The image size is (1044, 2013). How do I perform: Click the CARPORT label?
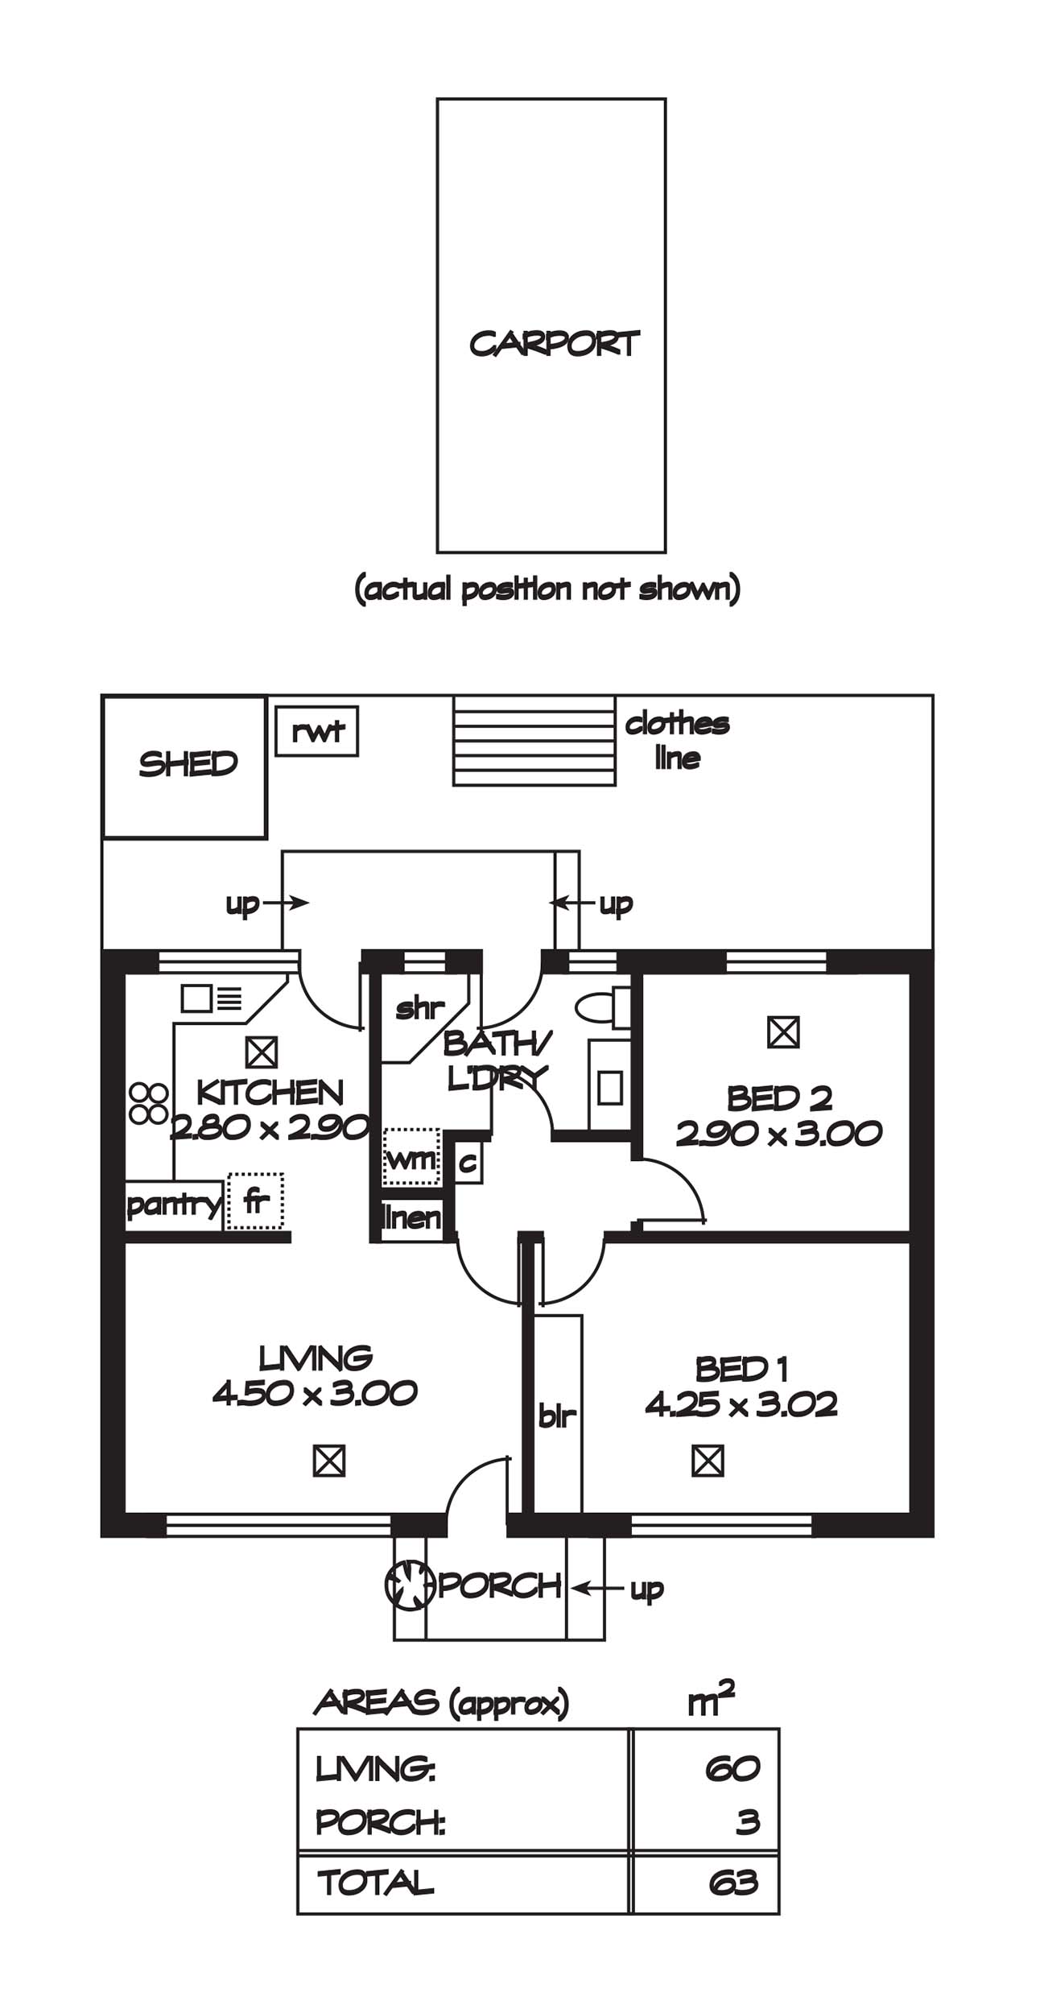[x=554, y=344]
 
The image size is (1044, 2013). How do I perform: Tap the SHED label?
[x=188, y=763]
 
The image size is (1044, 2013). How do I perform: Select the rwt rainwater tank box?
[x=316, y=731]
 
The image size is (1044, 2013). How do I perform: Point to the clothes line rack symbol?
[x=534, y=740]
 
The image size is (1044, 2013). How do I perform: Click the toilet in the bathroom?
[x=602, y=1008]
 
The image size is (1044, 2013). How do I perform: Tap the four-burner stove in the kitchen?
[x=148, y=1103]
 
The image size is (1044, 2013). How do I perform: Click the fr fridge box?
[x=255, y=1201]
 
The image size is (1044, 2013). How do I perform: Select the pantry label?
[x=173, y=1205]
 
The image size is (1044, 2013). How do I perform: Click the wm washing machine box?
[x=411, y=1157]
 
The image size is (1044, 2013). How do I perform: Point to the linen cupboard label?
[x=411, y=1217]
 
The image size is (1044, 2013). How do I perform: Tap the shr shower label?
[x=419, y=1007]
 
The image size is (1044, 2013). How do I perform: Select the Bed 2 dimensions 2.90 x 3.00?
[x=778, y=1134]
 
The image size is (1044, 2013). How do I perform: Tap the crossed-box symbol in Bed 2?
[x=783, y=1031]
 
